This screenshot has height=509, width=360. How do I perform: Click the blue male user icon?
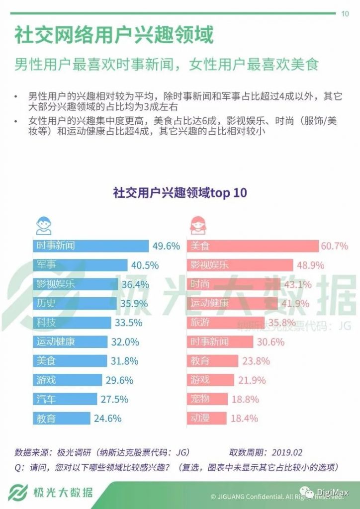click(x=43, y=225)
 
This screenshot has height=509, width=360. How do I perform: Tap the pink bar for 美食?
click(x=254, y=246)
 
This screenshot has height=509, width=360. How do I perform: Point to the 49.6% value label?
click(x=166, y=246)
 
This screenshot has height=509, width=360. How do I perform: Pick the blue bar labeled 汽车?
click(x=66, y=399)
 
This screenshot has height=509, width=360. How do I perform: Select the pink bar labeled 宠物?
click(x=208, y=399)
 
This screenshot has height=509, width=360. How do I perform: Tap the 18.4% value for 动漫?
click(x=245, y=419)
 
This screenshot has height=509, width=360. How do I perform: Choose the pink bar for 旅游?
click(x=226, y=323)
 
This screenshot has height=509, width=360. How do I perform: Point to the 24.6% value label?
click(x=107, y=419)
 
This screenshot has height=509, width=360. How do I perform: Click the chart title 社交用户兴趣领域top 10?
click(x=180, y=193)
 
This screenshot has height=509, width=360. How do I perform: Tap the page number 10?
click(x=345, y=13)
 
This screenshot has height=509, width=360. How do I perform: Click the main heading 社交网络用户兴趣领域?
click(x=114, y=36)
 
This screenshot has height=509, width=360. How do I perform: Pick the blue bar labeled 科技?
click(x=73, y=323)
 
